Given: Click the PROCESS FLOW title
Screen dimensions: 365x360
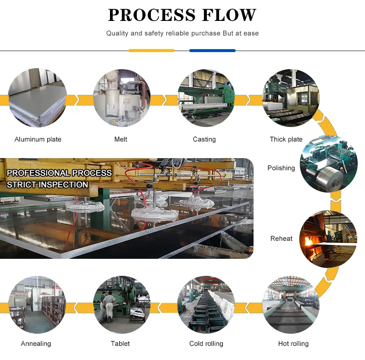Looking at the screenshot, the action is coord(182,15).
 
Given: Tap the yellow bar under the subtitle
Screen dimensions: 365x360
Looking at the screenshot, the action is coord(151,51).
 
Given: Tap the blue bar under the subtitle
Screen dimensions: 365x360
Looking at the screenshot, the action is coord(212,51).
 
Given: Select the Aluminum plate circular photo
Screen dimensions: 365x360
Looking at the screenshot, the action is coord(37,98).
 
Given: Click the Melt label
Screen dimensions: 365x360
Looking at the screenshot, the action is coord(121,139).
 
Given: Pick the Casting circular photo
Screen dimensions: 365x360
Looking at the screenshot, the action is coord(206,98).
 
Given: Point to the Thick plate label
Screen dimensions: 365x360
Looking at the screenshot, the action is coord(286,139).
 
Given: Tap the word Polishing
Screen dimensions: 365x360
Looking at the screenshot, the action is coord(281,168).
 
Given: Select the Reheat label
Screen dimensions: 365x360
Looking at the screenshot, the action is coord(281,238).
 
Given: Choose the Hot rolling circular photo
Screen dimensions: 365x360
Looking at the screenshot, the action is coord(291,305).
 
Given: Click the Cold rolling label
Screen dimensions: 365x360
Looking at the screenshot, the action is coord(206,343).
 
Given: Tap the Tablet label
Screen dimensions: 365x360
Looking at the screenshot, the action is coord(120,343).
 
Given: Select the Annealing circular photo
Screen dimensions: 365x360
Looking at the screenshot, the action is coord(37,305).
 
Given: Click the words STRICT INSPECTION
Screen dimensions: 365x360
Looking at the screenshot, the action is coord(48,185).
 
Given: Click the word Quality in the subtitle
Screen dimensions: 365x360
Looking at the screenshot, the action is coord(117,33).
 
